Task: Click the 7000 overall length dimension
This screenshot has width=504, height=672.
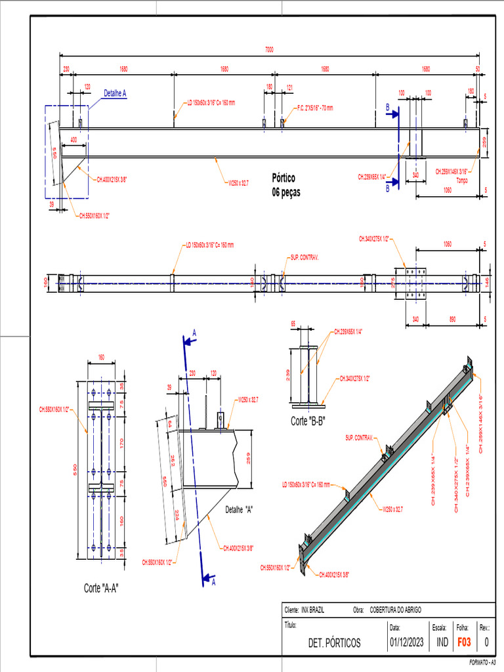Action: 269,49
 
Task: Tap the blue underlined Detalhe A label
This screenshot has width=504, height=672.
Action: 115,94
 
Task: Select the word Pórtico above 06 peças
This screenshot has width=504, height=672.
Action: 283,178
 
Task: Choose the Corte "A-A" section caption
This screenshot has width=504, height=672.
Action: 101,587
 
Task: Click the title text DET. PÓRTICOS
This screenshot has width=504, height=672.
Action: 334,643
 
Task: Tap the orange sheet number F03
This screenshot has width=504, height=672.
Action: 463,642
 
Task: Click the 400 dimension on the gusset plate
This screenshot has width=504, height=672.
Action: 73,140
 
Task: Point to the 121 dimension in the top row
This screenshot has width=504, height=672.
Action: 289,87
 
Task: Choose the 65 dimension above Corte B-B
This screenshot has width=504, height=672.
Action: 293,324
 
